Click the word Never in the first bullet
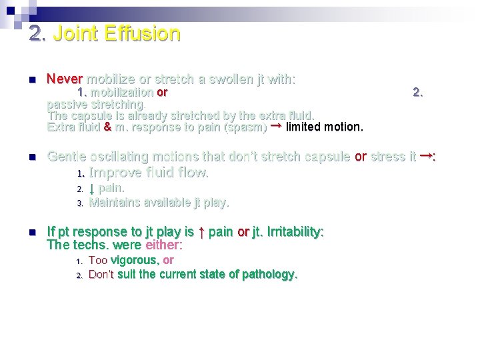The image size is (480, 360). point(64,79)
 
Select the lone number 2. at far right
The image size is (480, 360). point(417,93)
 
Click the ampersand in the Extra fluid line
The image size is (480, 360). point(107,127)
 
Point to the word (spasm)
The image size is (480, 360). point(245,127)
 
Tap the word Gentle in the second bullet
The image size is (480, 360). point(66,157)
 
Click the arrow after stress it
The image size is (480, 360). point(425,156)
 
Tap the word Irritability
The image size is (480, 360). point(294,232)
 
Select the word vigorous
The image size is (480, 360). point(134,260)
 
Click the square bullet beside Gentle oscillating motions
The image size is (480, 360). point(31,157)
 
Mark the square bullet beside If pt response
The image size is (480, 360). point(31,233)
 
